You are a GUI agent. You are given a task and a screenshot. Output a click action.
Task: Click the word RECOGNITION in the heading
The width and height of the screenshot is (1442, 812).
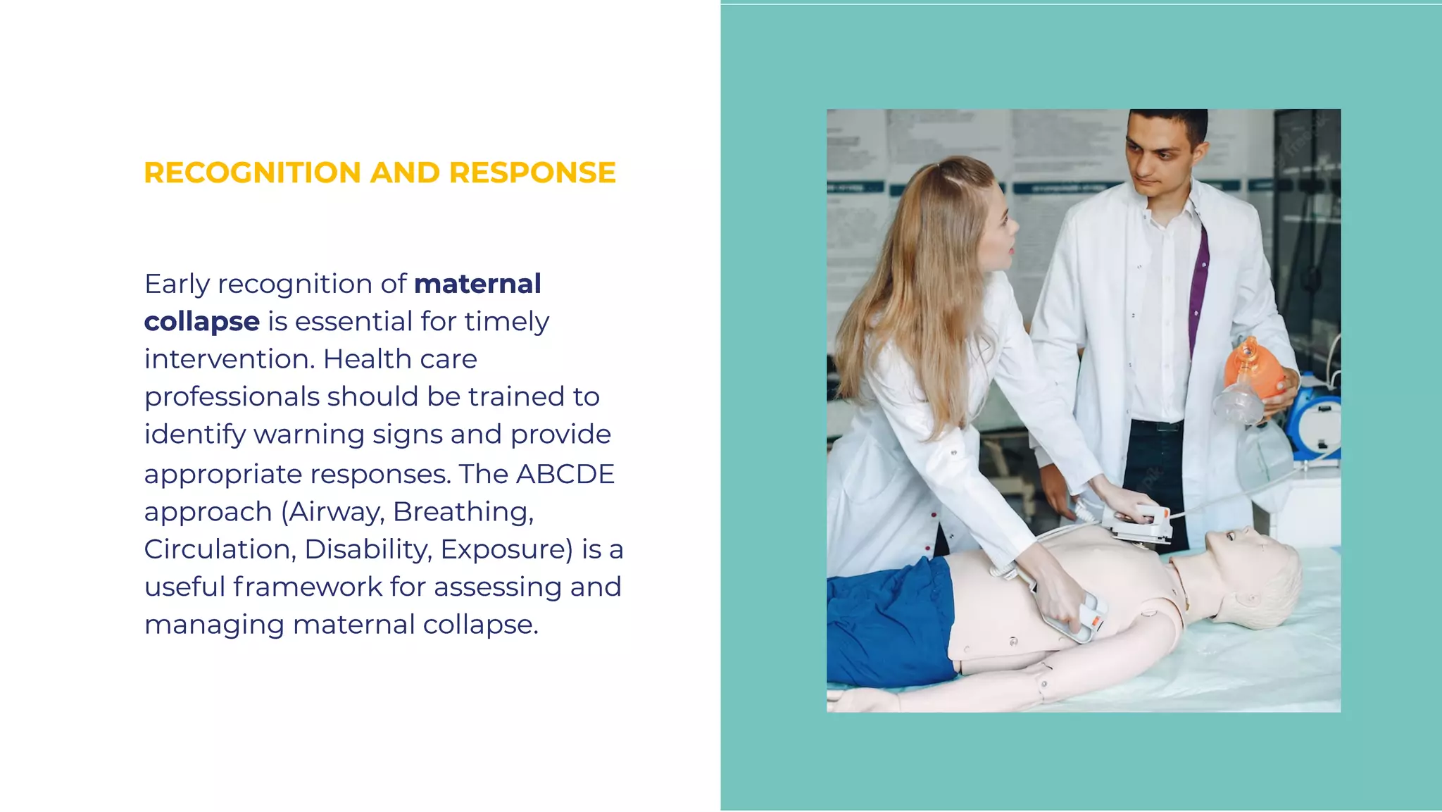253,173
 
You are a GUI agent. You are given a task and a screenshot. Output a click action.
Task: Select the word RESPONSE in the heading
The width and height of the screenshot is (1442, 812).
532,173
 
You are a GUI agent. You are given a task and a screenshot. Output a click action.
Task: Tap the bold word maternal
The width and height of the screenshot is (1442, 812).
477,284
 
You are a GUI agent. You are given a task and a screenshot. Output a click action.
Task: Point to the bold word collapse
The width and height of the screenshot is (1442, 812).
202,322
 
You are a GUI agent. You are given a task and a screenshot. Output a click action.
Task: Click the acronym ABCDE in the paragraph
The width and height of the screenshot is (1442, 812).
565,474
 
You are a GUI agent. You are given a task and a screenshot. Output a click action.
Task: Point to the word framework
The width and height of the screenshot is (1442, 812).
308,587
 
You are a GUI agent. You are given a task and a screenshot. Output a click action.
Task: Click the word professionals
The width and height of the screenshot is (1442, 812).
232,397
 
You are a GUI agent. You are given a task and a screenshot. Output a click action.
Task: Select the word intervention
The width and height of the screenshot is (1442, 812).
229,359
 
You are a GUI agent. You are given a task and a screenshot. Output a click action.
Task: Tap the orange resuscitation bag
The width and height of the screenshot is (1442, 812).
1250,366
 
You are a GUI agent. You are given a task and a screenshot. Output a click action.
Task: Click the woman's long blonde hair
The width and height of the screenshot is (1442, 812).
915,296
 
